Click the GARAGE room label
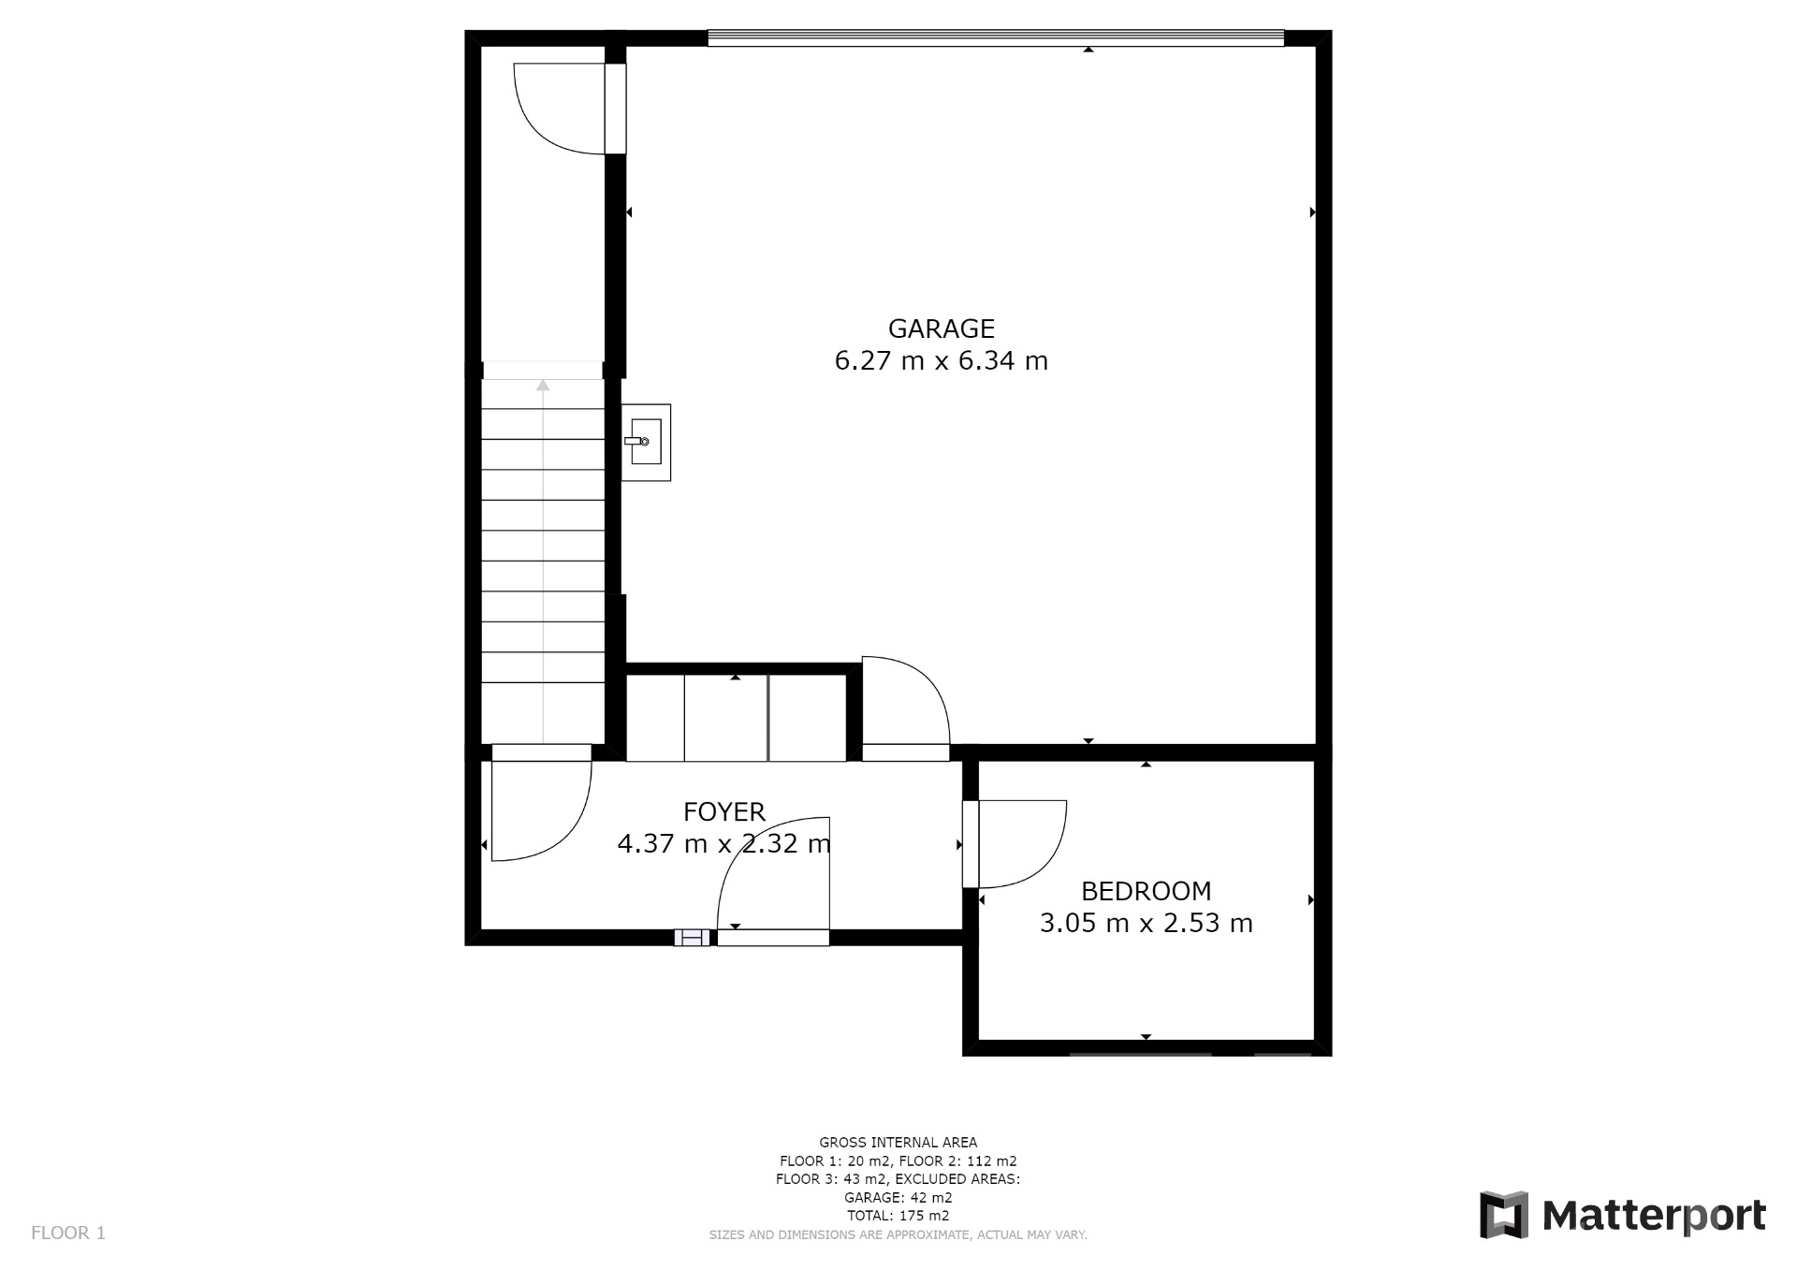tap(941, 328)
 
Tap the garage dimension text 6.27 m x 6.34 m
tap(941, 360)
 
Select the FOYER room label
tap(724, 811)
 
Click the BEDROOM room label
tap(1146, 891)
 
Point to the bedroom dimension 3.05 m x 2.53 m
tap(1146, 923)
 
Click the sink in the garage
tap(646, 442)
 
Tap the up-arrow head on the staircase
tap(543, 385)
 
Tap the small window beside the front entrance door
tap(692, 938)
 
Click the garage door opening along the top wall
tap(996, 38)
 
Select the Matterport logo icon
tap(1503, 1215)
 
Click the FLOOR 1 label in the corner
tap(68, 1233)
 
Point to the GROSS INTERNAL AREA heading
tap(898, 1142)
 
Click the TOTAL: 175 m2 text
tap(898, 1216)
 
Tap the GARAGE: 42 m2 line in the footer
tap(898, 1197)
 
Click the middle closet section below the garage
tap(726, 718)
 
